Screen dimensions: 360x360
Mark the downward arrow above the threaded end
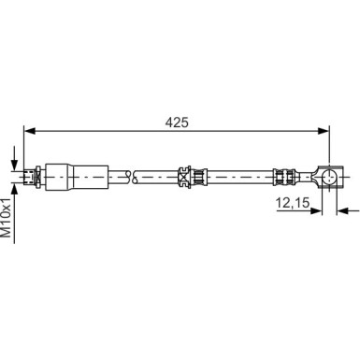[15, 159]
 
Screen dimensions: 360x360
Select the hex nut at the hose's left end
[36, 173]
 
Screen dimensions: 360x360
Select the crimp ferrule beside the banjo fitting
[284, 173]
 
